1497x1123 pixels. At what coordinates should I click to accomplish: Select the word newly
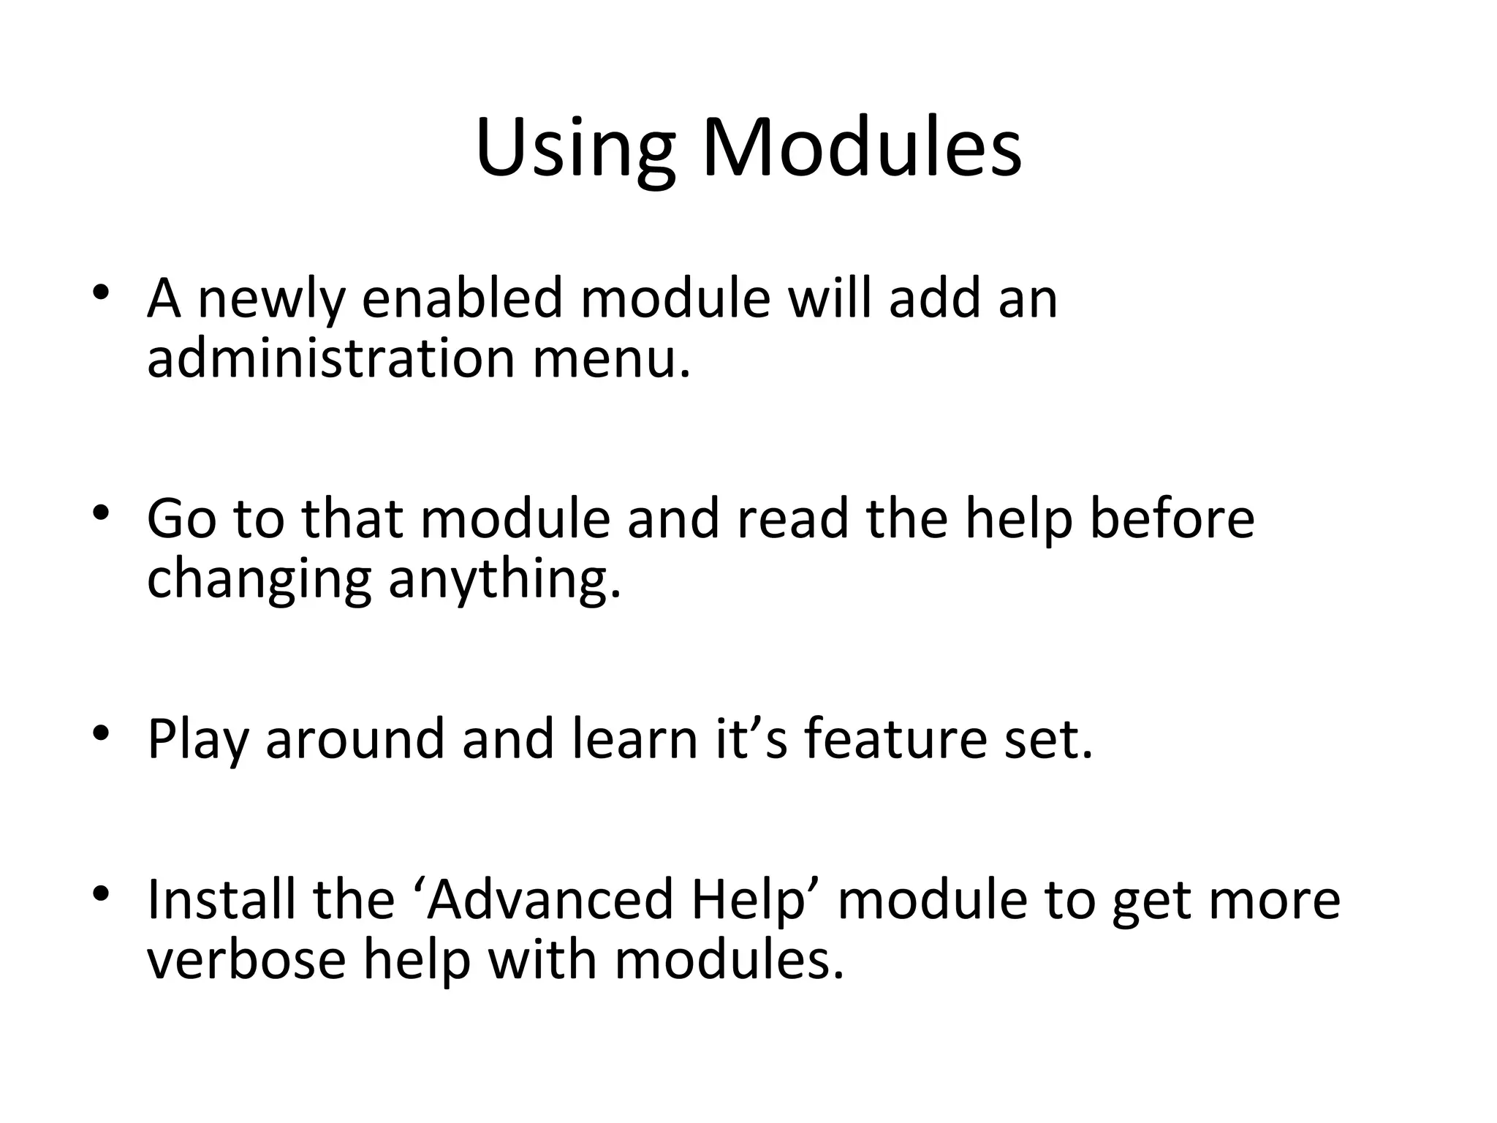[x=270, y=300]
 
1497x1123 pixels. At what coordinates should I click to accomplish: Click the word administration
[x=331, y=359]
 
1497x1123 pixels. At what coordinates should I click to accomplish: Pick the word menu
[x=611, y=359]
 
